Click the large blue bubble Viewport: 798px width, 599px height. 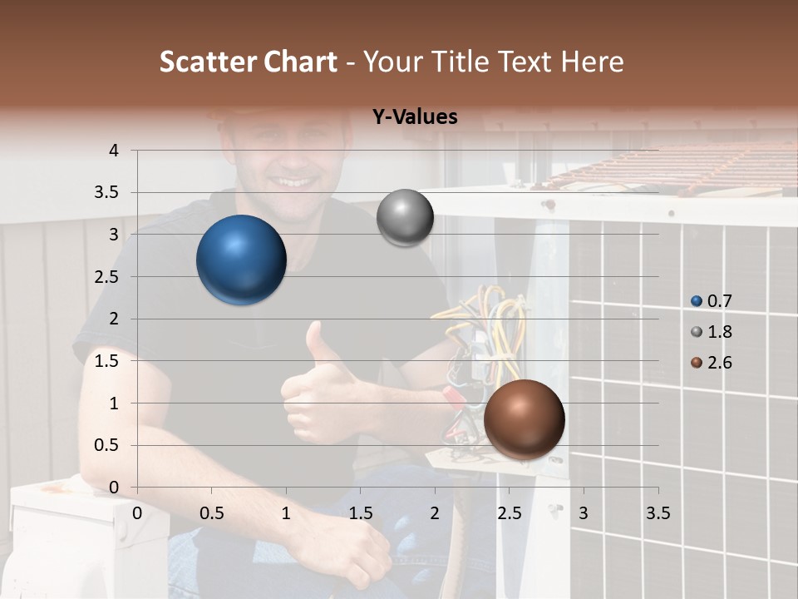coord(242,260)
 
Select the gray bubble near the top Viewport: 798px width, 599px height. coord(405,218)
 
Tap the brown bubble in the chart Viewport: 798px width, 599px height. coord(524,419)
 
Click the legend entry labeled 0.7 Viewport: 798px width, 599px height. coord(712,301)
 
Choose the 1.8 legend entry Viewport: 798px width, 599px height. coord(712,332)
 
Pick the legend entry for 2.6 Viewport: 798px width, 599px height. coord(712,363)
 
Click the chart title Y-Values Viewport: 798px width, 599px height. coord(415,117)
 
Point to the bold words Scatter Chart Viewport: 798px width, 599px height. coord(248,62)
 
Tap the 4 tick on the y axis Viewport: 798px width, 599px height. coord(115,151)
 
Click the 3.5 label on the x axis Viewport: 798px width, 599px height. coord(658,512)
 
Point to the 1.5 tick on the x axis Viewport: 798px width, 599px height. coord(360,512)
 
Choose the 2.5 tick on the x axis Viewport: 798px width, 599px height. coord(509,512)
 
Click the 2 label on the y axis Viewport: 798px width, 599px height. coord(115,319)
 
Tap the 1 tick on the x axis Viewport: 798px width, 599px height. coord(286,512)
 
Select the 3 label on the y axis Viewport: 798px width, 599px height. coord(115,235)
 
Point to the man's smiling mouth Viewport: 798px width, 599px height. coord(296,181)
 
